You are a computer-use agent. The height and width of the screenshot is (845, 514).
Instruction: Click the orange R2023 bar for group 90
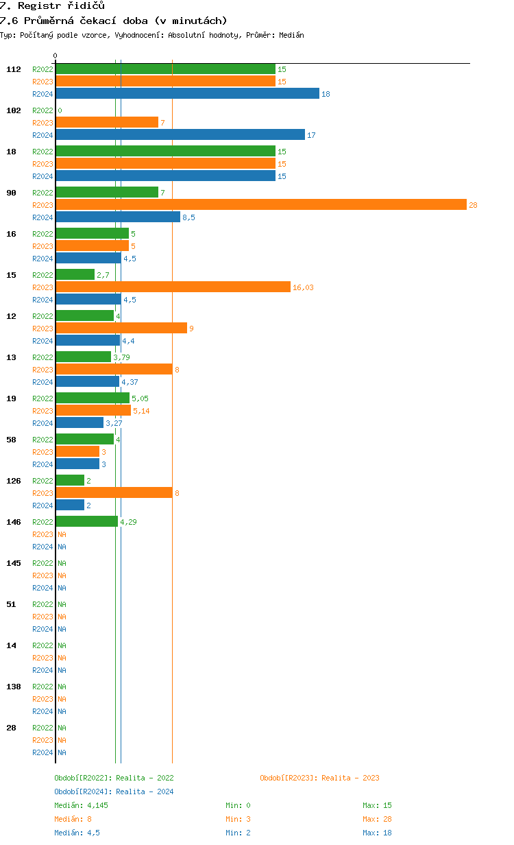point(260,205)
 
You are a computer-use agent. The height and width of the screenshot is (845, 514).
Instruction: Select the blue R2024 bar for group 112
point(187,94)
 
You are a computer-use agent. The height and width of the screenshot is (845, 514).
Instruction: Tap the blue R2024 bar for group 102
point(180,135)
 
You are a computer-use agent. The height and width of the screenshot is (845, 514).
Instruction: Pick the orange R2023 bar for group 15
point(173,287)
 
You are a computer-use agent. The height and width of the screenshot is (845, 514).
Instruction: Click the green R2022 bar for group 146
point(86,522)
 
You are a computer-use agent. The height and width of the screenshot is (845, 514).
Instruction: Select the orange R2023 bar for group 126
point(114,493)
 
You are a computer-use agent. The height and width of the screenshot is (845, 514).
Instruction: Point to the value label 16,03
point(303,287)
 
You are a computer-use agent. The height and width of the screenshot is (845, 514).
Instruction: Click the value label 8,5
point(188,217)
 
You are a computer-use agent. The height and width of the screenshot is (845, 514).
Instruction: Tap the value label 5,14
point(141,411)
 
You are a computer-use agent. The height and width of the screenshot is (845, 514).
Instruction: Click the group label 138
point(14,687)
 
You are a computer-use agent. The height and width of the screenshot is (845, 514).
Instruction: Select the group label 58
point(11,440)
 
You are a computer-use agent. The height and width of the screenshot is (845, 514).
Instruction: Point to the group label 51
point(11,604)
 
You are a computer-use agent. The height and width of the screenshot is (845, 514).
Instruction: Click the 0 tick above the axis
point(56,56)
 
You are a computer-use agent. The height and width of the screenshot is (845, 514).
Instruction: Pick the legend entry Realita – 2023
point(319,778)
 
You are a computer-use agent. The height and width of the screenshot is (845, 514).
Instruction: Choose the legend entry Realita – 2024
point(114,792)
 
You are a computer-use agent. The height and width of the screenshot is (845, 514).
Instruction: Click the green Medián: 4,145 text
point(81,805)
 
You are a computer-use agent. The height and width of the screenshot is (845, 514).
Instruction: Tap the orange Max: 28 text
point(377,819)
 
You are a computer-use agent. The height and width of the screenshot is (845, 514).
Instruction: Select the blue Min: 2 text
point(240,833)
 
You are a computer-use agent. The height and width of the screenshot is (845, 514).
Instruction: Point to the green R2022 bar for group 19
point(93,398)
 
